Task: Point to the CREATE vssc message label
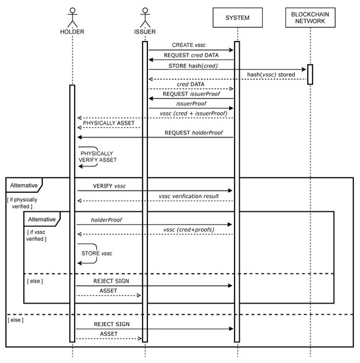click(188, 44)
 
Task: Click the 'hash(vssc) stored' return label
click(270, 74)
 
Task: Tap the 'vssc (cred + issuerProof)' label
click(192, 114)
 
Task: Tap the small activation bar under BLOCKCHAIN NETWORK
click(308, 75)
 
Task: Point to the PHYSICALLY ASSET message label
click(109, 123)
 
